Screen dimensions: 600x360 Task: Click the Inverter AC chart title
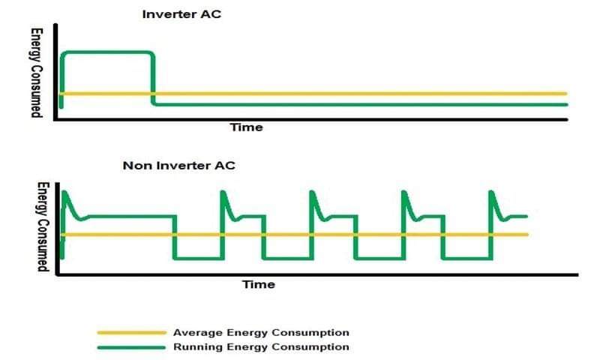click(181, 14)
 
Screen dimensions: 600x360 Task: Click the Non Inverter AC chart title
click(178, 166)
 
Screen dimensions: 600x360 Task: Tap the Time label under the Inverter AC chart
click(246, 127)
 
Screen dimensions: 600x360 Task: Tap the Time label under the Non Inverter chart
click(258, 284)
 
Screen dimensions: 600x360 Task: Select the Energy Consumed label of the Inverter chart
click(36, 73)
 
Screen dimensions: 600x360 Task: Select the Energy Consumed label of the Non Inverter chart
click(43, 226)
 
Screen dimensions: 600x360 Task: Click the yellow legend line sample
click(132, 333)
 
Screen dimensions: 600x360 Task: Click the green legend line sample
click(132, 348)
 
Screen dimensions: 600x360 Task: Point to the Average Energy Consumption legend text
click(261, 332)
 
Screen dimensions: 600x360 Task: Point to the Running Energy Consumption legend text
click(261, 347)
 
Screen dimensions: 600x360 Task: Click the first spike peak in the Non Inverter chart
click(64, 192)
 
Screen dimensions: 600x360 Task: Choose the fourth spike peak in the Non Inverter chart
click(404, 192)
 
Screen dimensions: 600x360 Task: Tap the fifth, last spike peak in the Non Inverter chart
click(491, 192)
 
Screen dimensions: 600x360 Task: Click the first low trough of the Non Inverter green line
click(198, 259)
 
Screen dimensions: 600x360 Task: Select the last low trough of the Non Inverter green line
click(467, 259)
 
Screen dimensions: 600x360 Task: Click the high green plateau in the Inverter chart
click(109, 52)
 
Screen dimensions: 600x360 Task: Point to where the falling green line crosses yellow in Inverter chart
click(153, 93)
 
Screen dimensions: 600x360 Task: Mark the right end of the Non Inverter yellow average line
click(527, 235)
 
